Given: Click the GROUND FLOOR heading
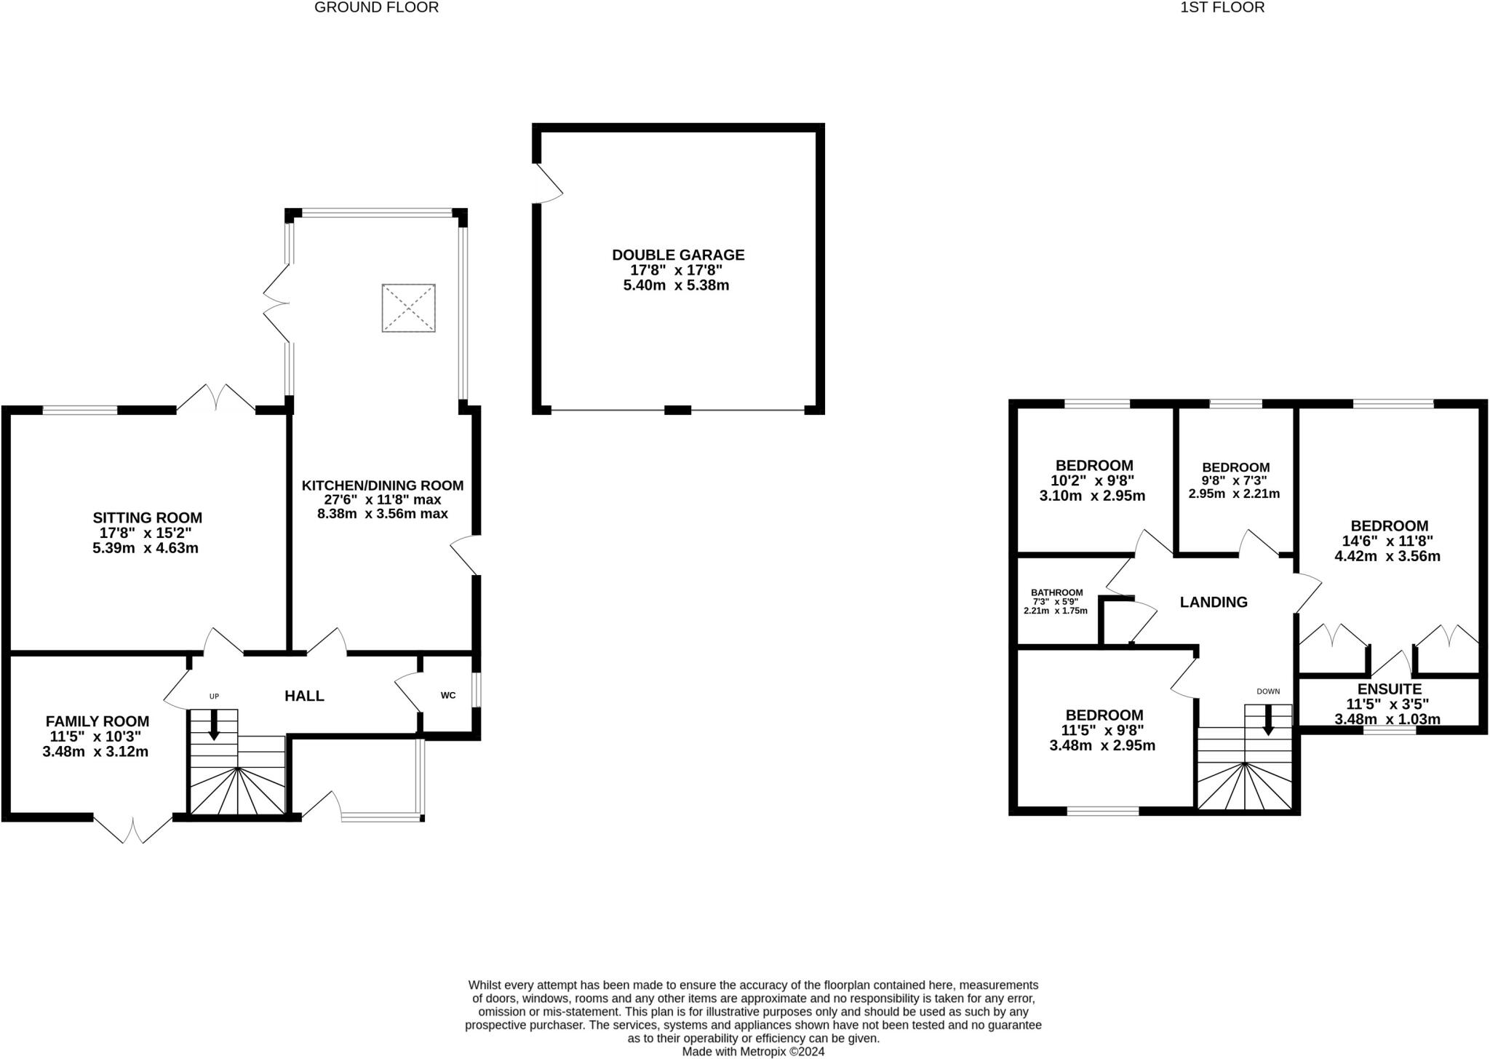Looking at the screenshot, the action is tap(376, 7).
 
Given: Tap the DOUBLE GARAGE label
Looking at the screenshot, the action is tap(678, 255).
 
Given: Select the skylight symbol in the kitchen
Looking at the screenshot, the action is tap(409, 308).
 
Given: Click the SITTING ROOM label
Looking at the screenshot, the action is tap(147, 517).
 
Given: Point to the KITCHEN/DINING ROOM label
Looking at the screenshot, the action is tap(383, 485).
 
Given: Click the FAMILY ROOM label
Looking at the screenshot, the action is tap(97, 721).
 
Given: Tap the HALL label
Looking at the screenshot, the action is tap(304, 696).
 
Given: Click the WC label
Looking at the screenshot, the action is tap(448, 695).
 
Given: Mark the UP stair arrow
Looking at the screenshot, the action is tap(214, 725).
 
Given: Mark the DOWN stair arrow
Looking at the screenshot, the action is tap(1268, 720).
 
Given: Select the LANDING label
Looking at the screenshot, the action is tap(1214, 602).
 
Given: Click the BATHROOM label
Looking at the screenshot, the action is tap(1057, 592).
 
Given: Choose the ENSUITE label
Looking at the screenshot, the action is tap(1390, 689).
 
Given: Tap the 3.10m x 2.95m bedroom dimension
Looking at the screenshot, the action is tap(1093, 496).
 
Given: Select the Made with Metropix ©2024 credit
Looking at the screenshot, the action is tap(753, 1052).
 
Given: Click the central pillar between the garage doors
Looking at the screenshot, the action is tap(678, 410).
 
